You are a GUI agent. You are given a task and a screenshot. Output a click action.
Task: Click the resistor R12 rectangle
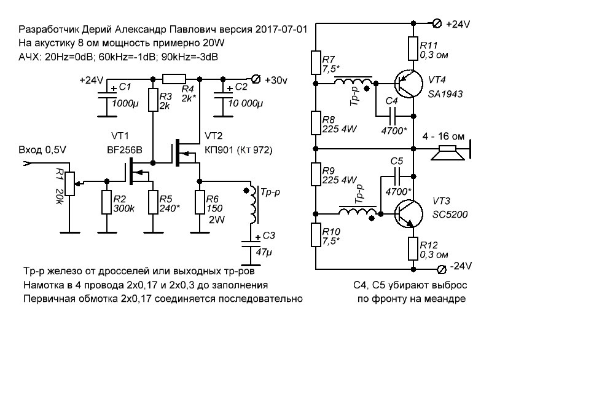click(412, 250)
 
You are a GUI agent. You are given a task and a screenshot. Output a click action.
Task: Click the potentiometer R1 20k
click(68, 181)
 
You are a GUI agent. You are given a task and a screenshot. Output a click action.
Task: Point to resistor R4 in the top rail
click(174, 79)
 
